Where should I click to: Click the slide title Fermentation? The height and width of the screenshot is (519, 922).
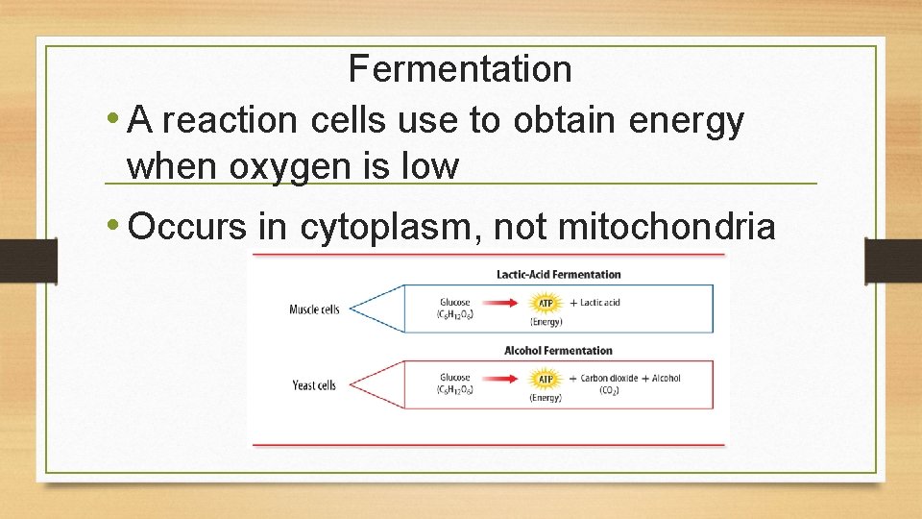[x=460, y=69]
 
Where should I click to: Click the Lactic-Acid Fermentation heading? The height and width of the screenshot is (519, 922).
[x=558, y=275]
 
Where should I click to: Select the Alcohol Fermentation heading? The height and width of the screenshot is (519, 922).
[x=558, y=351]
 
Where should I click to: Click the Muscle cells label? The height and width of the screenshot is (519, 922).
[x=314, y=309]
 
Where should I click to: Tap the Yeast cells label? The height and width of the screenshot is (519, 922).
[x=314, y=385]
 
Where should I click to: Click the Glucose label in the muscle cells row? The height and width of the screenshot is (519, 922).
[x=455, y=303]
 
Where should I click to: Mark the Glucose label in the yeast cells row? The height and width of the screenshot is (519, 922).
[x=455, y=379]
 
